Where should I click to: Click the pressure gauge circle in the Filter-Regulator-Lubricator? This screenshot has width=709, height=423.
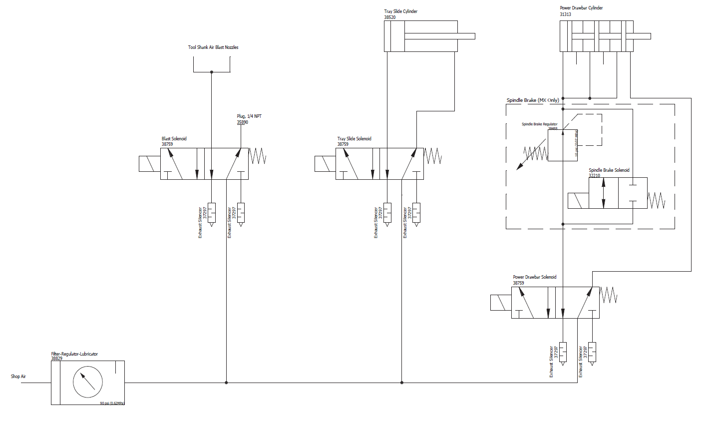88,383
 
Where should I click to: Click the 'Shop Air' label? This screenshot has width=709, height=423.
18,377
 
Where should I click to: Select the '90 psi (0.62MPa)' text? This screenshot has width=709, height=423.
112,403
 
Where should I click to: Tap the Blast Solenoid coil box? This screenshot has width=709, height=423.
150,164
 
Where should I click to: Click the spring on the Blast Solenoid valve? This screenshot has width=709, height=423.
258,156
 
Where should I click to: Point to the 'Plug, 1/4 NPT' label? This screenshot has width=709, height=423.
249,116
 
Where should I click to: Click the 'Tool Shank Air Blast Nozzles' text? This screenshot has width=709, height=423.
213,47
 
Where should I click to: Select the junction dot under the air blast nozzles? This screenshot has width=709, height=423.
212,72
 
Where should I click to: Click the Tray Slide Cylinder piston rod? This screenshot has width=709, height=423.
439,36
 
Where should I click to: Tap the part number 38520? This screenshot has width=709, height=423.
390,17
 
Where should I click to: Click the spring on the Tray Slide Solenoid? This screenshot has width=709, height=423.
433,156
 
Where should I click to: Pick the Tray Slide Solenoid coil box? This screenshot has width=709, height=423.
325,164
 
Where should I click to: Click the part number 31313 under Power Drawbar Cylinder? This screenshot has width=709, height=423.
565,14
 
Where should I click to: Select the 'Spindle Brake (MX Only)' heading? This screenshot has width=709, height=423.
533,100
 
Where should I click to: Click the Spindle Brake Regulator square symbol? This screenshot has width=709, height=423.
563,145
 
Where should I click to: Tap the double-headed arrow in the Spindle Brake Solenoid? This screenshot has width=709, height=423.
604,193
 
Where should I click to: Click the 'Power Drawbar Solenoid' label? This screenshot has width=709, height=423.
534,277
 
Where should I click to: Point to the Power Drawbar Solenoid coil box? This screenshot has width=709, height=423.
501,303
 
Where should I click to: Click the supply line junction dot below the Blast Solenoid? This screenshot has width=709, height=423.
227,383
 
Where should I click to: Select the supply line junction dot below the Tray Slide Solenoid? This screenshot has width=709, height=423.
402,383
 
